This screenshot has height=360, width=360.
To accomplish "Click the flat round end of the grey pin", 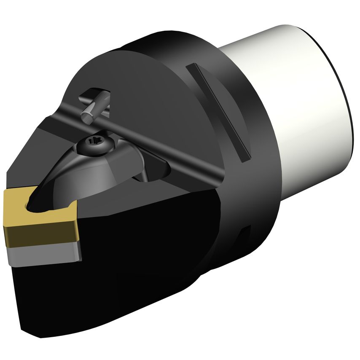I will pos(88,118).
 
